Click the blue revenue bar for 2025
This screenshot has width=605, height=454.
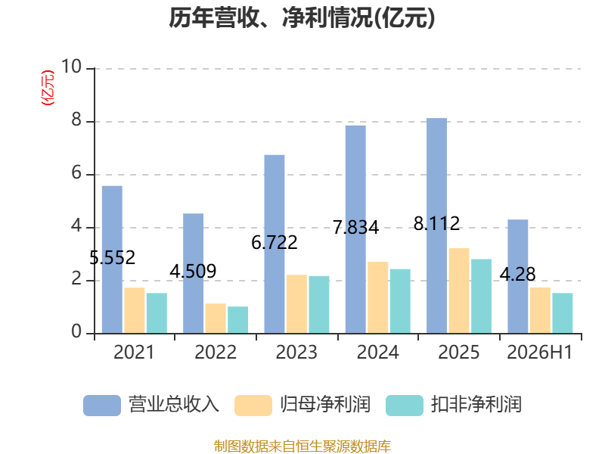tap(436, 225)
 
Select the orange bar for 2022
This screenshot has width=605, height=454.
tap(216, 319)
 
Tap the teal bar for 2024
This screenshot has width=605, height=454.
tap(400, 301)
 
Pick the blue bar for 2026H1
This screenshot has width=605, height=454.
tap(518, 276)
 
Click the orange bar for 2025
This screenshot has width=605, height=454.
tap(459, 291)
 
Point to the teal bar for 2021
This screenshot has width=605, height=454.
tap(157, 313)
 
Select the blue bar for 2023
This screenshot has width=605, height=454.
tap(275, 244)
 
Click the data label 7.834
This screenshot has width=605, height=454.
tap(355, 227)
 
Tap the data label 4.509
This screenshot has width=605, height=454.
tap(193, 271)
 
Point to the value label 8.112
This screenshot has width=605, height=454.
tap(437, 223)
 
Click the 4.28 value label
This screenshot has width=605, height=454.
tap(518, 274)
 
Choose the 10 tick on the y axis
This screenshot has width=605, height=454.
tap(71, 67)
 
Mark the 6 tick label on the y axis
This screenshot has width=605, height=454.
tap(76, 173)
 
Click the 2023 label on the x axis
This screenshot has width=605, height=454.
tap(296, 352)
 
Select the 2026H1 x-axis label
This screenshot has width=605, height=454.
tap(539, 352)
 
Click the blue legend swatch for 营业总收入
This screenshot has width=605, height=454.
tap(102, 406)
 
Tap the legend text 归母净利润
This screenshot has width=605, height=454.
tap(325, 405)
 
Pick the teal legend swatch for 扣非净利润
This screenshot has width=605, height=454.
tap(405, 406)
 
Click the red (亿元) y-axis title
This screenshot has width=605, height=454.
tap(48, 88)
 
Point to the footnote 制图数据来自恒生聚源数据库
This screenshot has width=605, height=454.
tap(302, 446)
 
